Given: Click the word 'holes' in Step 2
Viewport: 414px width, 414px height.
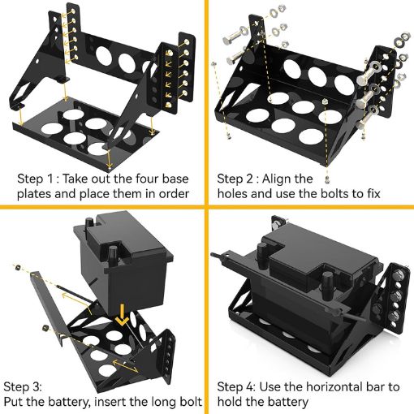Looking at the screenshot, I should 235,195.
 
